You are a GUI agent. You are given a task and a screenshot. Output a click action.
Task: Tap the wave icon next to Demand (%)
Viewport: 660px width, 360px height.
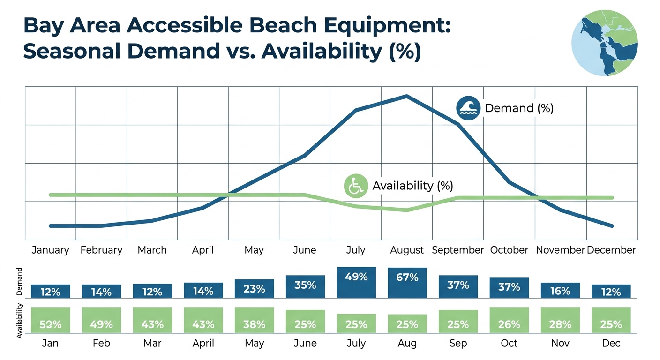click(x=468, y=108)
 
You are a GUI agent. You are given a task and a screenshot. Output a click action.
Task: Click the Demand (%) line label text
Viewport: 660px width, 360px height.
click(x=519, y=108)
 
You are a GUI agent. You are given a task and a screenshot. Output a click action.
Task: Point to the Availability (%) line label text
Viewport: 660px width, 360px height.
click(x=412, y=186)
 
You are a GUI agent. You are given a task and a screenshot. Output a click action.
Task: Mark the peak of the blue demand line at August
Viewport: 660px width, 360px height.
click(x=406, y=96)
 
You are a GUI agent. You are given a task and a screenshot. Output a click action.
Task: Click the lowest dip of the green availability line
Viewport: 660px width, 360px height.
click(x=406, y=210)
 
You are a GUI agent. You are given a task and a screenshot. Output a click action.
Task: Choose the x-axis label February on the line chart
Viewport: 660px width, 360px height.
click(x=101, y=250)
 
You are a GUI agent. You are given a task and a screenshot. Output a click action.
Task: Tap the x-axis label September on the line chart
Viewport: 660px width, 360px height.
click(x=457, y=250)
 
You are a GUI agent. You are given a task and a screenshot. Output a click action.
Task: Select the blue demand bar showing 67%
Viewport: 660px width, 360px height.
click(x=407, y=283)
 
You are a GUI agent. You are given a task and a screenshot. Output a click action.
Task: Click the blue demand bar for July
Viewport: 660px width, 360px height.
click(x=356, y=282)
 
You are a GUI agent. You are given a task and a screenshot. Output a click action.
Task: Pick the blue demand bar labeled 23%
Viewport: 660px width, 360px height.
click(x=254, y=288)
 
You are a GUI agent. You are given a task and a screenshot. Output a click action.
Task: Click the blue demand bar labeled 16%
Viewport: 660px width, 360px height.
click(x=560, y=290)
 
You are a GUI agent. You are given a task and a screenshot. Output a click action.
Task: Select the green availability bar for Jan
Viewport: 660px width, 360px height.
click(x=50, y=320)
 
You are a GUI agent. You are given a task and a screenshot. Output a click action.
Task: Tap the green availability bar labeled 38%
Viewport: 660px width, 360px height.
click(x=254, y=320)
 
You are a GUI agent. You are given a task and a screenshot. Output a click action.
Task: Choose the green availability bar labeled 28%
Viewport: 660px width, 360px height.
click(x=560, y=320)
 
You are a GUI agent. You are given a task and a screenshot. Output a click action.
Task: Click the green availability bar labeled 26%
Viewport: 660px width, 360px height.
click(x=509, y=320)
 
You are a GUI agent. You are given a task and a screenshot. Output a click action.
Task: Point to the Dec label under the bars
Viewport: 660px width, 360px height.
click(x=611, y=343)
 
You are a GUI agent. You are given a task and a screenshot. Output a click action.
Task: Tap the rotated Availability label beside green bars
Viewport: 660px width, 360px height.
click(x=20, y=321)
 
